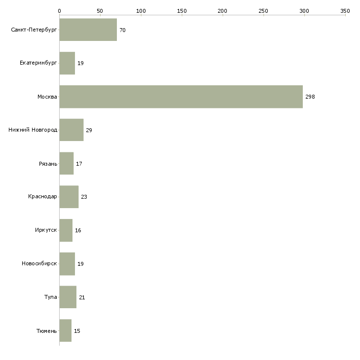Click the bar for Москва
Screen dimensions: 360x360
tap(181, 97)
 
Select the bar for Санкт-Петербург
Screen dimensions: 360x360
tap(88, 30)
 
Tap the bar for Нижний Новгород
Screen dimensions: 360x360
tap(72, 130)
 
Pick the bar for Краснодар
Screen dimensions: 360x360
tap(69, 197)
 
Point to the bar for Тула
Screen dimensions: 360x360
tap(68, 297)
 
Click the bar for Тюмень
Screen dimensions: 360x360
tap(66, 331)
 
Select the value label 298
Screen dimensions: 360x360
tap(310, 97)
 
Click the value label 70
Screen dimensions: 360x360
tap(122, 30)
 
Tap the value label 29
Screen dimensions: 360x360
tap(89, 130)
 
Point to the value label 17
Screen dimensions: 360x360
tap(79, 164)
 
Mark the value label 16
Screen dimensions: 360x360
tap(78, 230)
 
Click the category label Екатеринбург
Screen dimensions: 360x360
tap(38, 64)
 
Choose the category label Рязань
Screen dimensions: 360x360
tap(48, 164)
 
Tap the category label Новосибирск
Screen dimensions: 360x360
tap(39, 264)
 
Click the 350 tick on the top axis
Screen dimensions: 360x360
tap(345, 10)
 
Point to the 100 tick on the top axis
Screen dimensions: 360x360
tap(141, 10)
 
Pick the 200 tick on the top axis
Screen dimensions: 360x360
tap(223, 10)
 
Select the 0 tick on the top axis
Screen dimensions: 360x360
tap(59, 10)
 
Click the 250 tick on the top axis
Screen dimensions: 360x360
tap(264, 10)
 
